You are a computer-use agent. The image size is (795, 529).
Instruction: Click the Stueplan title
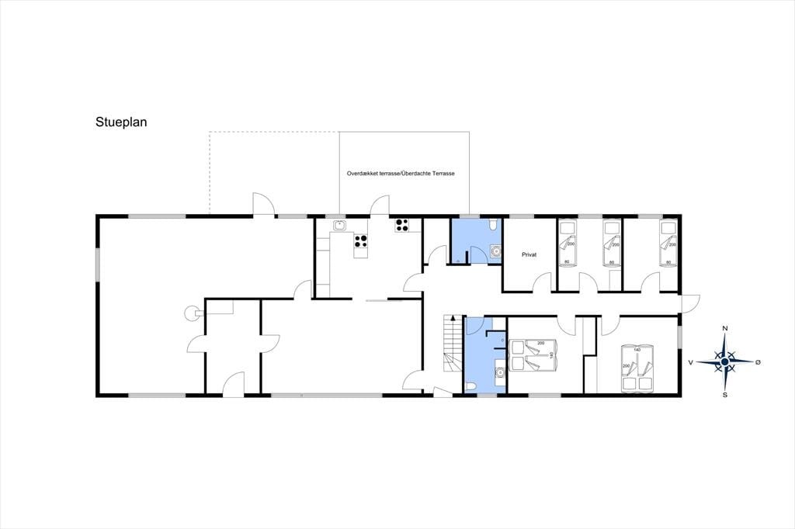click(x=121, y=123)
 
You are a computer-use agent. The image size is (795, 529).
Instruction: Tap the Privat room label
click(x=529, y=255)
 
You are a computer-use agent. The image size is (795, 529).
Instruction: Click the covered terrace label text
click(x=401, y=173)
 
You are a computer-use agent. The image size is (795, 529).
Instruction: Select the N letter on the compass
click(x=725, y=329)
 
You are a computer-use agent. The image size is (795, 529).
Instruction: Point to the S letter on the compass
click(x=725, y=395)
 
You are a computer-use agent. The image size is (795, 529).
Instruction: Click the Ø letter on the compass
click(x=758, y=362)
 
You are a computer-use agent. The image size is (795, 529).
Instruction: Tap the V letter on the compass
click(x=690, y=362)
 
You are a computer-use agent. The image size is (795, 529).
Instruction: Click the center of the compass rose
click(x=725, y=361)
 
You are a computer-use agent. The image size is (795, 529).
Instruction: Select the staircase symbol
click(x=453, y=343)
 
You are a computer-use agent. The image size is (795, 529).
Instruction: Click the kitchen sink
click(x=339, y=225)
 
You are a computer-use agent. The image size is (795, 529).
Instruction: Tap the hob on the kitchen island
click(x=360, y=241)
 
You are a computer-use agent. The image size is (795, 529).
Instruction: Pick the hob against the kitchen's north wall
click(x=402, y=225)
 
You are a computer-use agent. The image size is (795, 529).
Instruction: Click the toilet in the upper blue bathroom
click(x=493, y=223)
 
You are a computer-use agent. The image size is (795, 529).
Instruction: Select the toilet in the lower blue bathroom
click(x=471, y=388)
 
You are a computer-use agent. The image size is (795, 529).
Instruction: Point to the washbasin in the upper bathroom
click(x=495, y=251)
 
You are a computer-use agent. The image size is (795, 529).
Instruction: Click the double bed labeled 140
click(x=637, y=368)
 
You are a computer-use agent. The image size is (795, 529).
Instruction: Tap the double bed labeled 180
click(x=533, y=354)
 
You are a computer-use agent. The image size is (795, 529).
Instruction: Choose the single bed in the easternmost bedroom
click(x=668, y=243)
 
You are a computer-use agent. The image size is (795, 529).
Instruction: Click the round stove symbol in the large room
click(x=193, y=313)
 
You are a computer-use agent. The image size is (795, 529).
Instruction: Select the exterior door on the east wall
click(x=690, y=304)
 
